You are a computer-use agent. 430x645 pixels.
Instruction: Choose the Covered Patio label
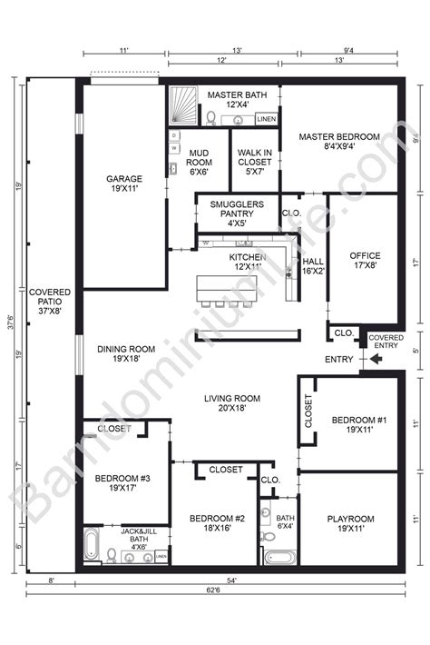pos(50,298)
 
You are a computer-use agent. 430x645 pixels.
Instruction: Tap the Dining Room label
pos(125,355)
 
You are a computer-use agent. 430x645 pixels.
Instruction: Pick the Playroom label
pos(350,525)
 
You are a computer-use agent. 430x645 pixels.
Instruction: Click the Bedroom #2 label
pos(218,524)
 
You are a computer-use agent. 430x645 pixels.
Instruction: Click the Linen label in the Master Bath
pos(266,119)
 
